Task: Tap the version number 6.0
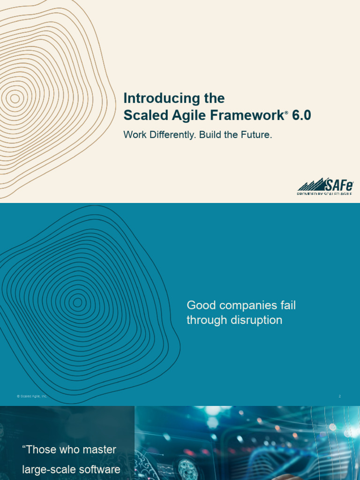[301, 115]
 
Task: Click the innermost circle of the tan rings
[15, 98]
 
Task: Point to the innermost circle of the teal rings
[77, 302]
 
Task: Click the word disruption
[256, 321]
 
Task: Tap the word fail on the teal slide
[287, 306]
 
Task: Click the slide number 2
[340, 397]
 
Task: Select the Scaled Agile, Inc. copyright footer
[32, 397]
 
